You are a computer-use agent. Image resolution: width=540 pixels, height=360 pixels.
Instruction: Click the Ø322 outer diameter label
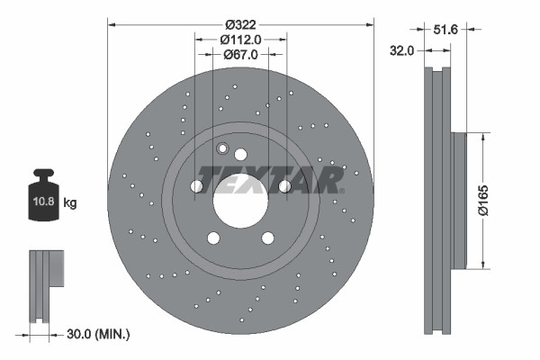[241, 23]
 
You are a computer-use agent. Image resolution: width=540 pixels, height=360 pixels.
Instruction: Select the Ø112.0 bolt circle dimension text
[241, 39]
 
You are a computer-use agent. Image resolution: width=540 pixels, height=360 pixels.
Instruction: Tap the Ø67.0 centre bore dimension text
[241, 54]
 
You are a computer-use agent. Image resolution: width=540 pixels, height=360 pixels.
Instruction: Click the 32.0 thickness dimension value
[402, 51]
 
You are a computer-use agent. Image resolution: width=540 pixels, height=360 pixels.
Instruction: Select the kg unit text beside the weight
[69, 203]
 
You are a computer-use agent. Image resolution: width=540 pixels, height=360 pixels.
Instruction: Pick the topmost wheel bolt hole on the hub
[240, 154]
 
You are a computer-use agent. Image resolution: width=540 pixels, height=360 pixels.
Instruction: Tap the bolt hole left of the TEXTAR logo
[197, 186]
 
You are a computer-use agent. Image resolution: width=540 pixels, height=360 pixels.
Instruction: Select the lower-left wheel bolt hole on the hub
[213, 238]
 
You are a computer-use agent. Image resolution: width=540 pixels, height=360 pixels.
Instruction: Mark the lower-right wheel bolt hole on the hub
[267, 238]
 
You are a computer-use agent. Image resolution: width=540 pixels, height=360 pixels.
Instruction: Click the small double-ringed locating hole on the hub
[223, 148]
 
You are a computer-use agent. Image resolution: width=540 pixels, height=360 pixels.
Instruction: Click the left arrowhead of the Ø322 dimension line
[112, 23]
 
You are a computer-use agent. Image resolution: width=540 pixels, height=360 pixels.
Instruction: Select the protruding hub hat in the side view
[459, 200]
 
